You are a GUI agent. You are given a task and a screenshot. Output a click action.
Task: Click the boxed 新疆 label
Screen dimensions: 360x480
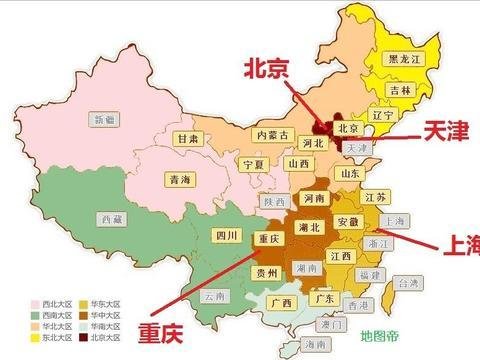point(103,119)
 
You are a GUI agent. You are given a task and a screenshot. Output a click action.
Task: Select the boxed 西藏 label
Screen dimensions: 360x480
point(112,217)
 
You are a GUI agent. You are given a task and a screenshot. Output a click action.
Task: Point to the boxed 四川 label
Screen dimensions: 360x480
point(225,236)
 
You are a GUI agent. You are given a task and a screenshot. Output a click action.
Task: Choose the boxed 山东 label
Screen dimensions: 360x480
point(350,172)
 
